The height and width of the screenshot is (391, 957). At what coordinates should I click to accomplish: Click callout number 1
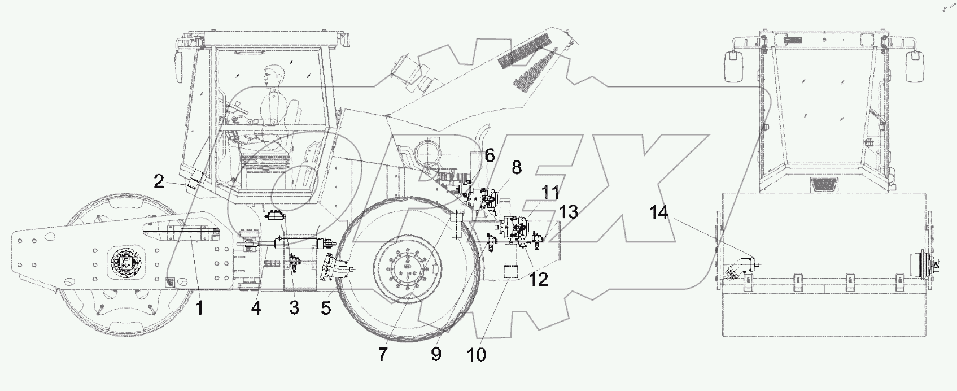tap(199, 309)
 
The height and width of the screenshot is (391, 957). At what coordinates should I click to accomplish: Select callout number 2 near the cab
tap(159, 181)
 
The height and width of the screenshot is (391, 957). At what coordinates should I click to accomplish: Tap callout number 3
tap(294, 309)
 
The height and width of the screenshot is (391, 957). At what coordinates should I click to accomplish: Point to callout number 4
tap(256, 309)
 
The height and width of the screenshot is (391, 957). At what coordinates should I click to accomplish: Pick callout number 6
tap(489, 155)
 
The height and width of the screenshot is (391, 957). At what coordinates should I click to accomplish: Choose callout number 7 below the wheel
tap(383, 354)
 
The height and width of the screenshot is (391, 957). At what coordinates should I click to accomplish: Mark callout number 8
tap(517, 168)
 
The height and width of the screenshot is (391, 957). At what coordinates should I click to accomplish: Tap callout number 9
tap(436, 354)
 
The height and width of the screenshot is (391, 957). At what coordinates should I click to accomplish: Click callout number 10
tap(476, 354)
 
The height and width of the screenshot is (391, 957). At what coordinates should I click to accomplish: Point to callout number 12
tap(539, 279)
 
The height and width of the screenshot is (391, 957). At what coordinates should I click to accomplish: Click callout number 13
tap(569, 212)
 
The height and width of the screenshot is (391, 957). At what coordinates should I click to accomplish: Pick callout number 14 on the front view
tap(658, 213)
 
